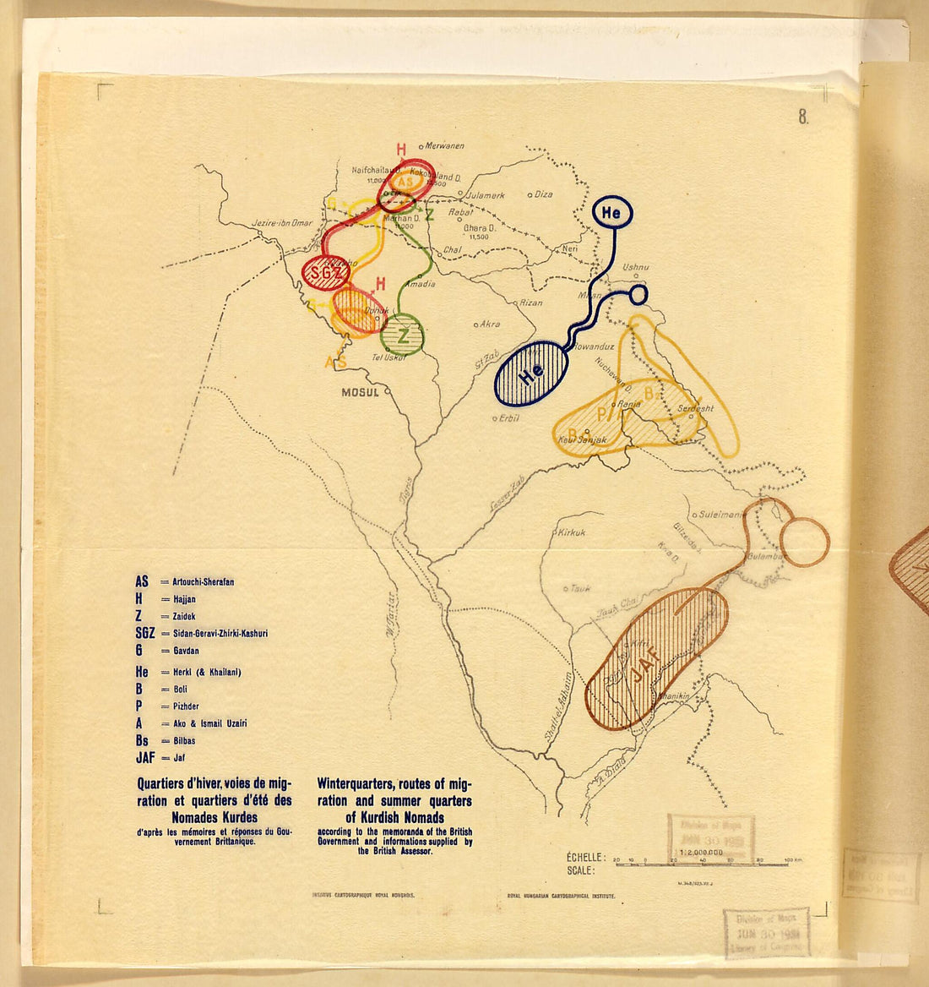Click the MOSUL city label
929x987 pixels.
tap(361, 392)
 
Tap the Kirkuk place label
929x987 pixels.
tap(572, 532)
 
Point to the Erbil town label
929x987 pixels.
tap(508, 417)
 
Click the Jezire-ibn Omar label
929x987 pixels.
tap(282, 224)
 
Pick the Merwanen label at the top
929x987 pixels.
tap(445, 146)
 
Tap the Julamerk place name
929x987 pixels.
tap(485, 195)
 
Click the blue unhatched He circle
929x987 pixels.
tap(611, 214)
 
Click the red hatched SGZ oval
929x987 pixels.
tap(325, 272)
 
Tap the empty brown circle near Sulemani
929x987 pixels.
tap(804, 542)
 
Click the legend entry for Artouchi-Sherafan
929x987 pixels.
tap(203, 582)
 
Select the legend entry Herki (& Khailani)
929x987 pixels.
tap(206, 672)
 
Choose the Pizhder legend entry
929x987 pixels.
tap(186, 706)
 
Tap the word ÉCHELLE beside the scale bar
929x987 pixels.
tap(586, 857)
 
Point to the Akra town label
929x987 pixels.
tap(489, 324)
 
